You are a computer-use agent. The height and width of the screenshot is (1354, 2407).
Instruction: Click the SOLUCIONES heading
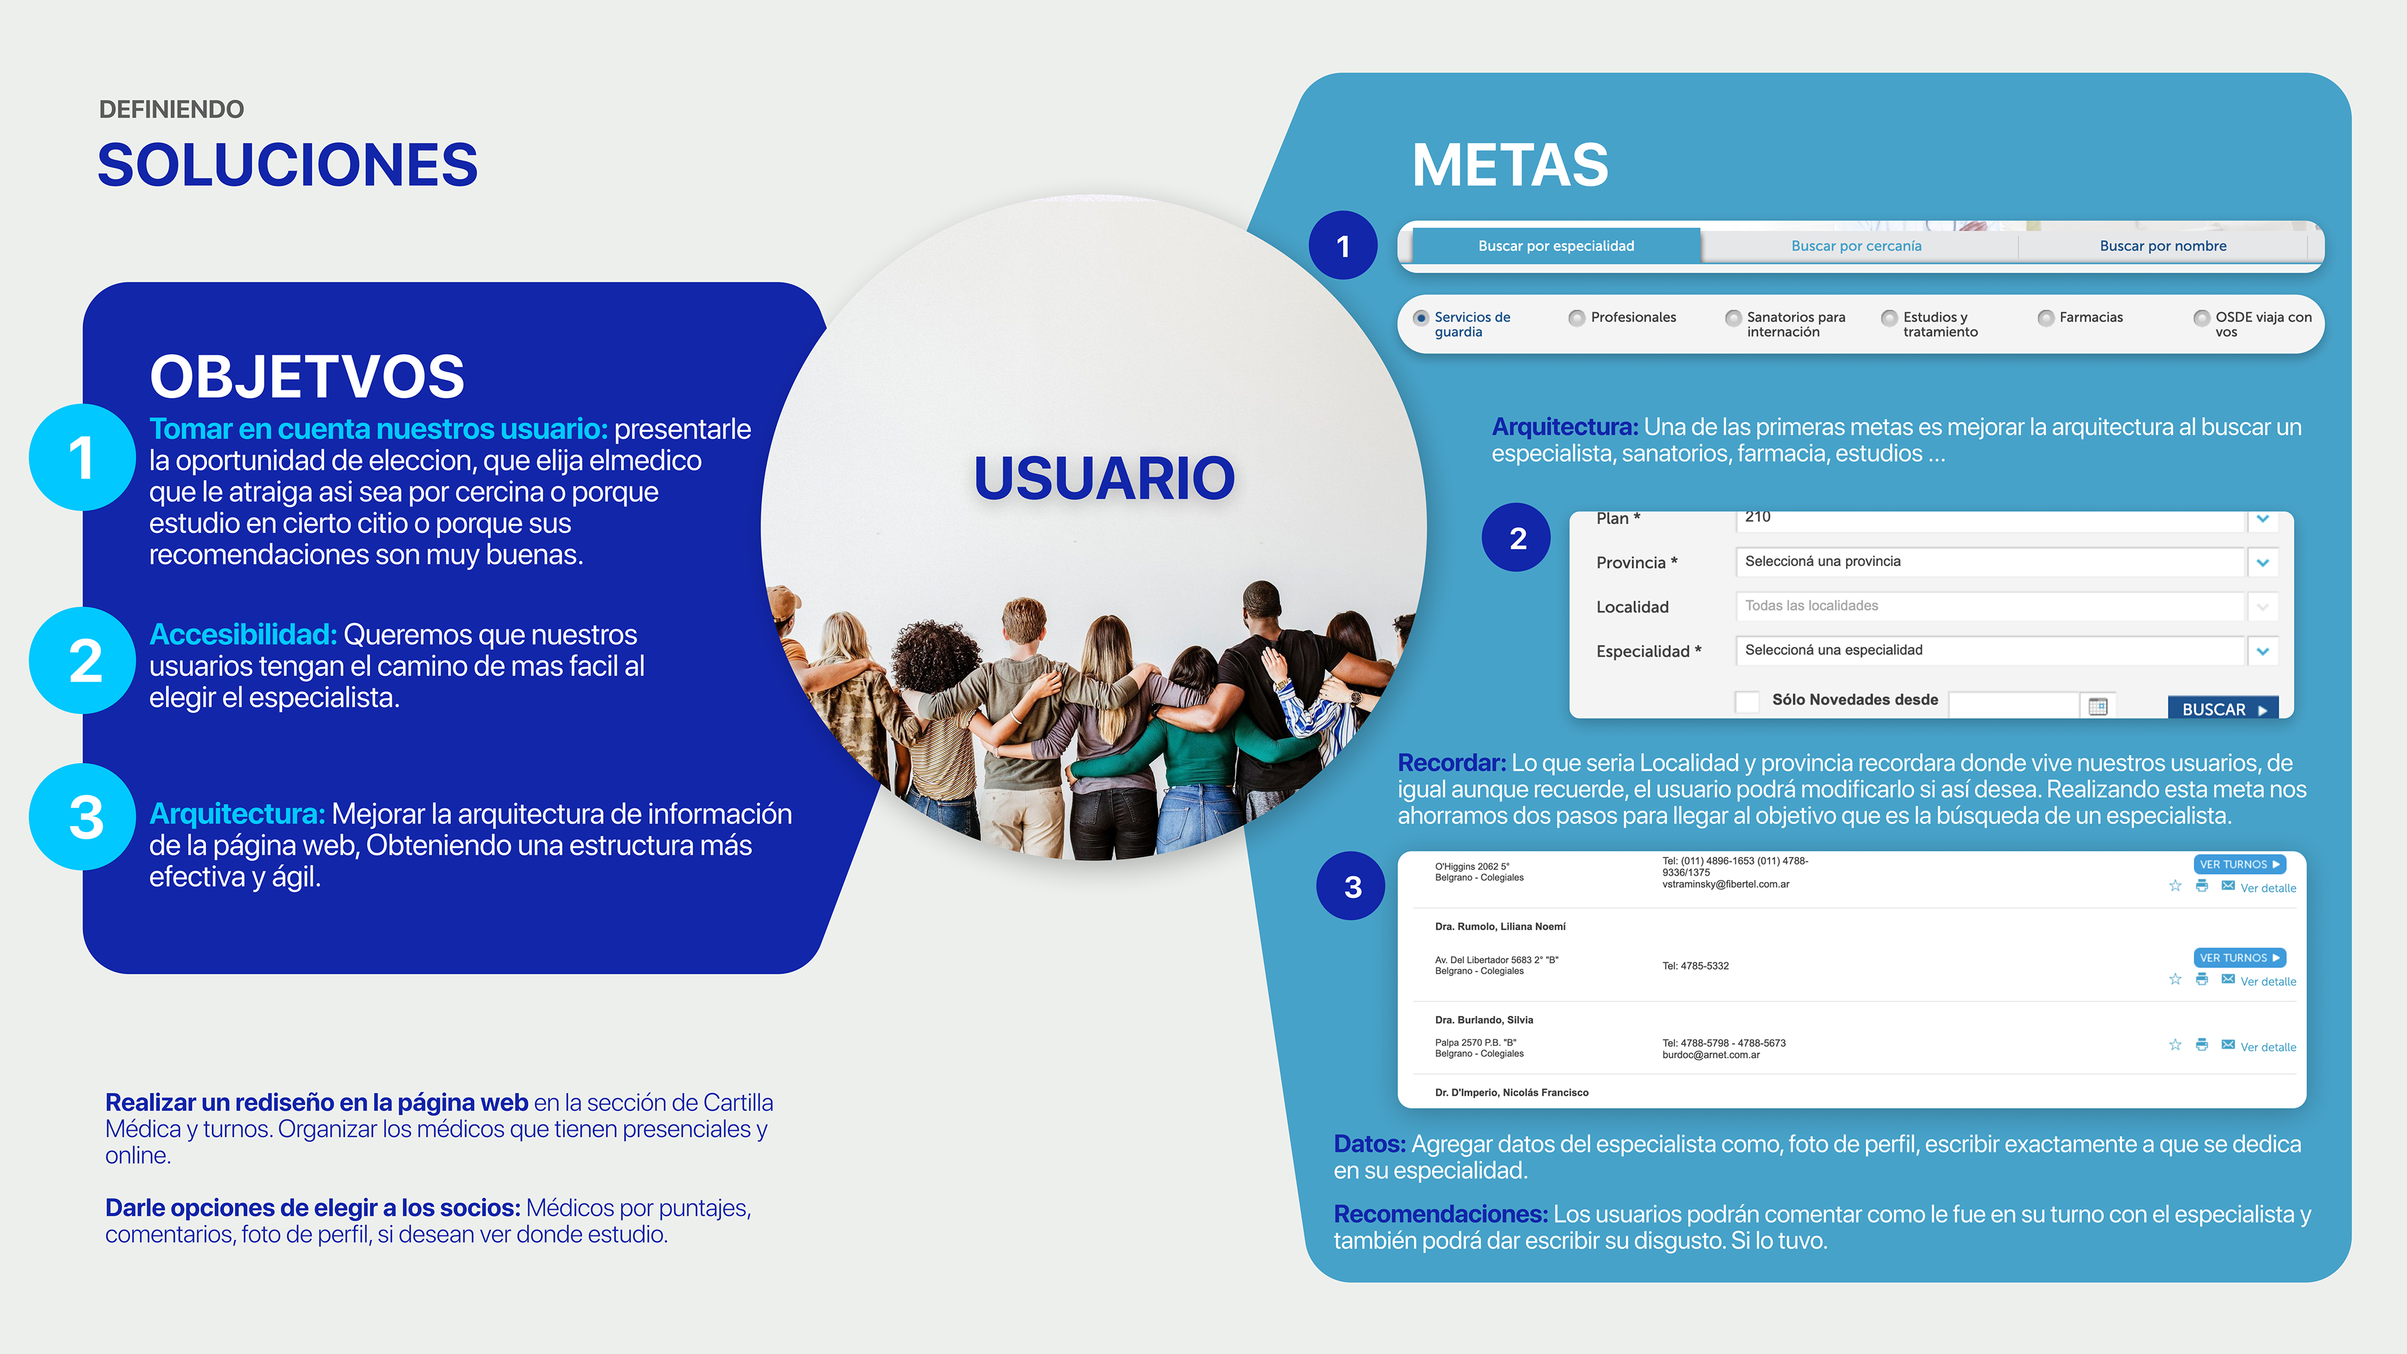[x=288, y=165]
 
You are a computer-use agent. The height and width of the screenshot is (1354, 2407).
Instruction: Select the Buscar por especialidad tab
[x=1556, y=246]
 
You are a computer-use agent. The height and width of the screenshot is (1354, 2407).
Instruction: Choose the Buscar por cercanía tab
[x=1855, y=246]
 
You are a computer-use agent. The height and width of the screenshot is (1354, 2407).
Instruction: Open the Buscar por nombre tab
[x=2162, y=246]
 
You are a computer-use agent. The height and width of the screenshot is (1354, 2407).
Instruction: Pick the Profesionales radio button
[x=1577, y=318]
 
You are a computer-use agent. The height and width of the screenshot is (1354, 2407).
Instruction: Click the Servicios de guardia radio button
[x=1421, y=318]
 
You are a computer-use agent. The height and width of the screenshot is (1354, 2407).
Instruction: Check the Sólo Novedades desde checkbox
[x=1746, y=701]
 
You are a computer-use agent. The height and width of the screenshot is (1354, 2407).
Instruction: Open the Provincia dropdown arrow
[x=2262, y=562]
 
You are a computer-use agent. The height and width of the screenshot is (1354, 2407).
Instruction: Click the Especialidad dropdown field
[x=1990, y=651]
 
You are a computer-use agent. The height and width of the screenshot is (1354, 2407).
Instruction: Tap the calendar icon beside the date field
[x=2098, y=706]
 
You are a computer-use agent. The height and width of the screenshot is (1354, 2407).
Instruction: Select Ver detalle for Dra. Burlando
[x=2268, y=1047]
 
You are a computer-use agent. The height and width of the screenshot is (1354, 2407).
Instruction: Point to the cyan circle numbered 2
[x=84, y=661]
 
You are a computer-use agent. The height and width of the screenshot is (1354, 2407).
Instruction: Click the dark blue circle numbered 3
[x=1352, y=887]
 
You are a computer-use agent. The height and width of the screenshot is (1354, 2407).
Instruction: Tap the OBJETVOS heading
[x=307, y=377]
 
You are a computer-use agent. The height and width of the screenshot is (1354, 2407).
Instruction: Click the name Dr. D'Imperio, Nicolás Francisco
[x=1511, y=1093]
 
